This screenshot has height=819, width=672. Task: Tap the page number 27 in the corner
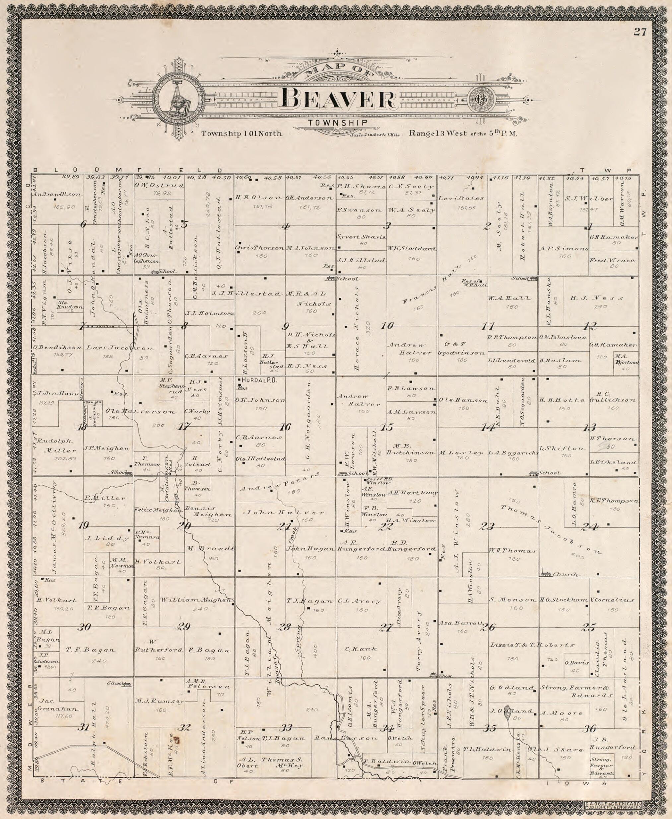click(x=640, y=32)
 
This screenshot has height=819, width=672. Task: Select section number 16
click(x=285, y=427)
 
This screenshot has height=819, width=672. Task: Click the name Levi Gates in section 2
click(x=461, y=198)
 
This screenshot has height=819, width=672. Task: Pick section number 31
click(x=83, y=728)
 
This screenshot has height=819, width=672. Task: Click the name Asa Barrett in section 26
click(x=461, y=623)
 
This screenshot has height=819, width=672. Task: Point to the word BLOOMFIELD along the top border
click(x=128, y=170)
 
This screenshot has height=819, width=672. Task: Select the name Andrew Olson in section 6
click(x=57, y=195)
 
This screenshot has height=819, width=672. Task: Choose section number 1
click(x=590, y=227)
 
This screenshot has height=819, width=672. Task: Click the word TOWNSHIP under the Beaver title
click(x=338, y=123)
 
